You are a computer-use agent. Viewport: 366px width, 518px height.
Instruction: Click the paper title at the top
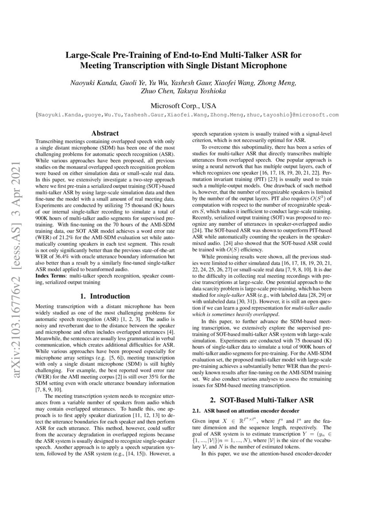pyautogui.click(x=183, y=61)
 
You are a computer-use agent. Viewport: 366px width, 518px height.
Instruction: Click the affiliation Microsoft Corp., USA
pyautogui.click(x=183, y=105)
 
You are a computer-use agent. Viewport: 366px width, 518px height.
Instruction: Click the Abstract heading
pyautogui.click(x=104, y=133)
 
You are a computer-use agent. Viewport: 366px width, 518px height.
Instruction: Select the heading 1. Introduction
pyautogui.click(x=104, y=296)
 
